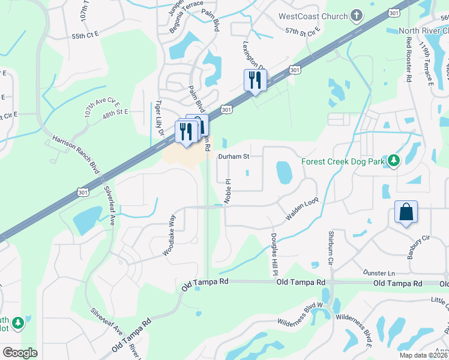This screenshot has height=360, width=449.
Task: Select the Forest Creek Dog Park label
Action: (x=342, y=161)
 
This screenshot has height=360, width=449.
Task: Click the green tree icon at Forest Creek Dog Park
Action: (x=394, y=161)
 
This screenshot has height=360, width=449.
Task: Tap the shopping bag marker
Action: (x=406, y=212)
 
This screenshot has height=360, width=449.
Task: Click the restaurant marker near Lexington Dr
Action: (x=255, y=80)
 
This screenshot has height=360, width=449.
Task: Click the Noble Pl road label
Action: (x=228, y=190)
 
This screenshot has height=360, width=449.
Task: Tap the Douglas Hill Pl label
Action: (x=274, y=255)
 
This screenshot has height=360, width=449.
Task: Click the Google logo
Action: (x=20, y=353)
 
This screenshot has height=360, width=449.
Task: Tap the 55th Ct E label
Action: (x=85, y=36)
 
